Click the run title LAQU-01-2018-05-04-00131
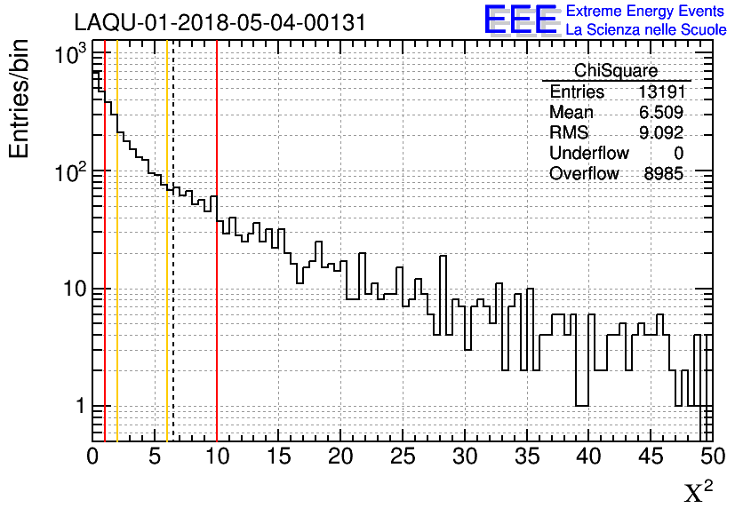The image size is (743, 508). point(220,23)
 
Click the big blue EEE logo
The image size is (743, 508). point(520,20)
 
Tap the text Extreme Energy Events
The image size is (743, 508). point(646,12)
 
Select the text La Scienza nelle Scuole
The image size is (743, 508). point(646,29)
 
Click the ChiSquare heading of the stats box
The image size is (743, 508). point(616,71)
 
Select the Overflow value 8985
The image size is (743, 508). point(663,174)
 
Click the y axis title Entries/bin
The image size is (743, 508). point(20,99)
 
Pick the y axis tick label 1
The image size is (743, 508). point(78,407)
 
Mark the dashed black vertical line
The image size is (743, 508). point(173,311)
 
